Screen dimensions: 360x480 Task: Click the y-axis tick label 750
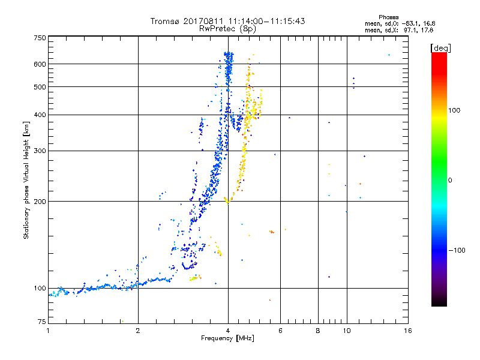40,38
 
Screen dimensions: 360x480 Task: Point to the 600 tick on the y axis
40,64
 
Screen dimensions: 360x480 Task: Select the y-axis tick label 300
40,151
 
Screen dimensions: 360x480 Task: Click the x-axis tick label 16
408,331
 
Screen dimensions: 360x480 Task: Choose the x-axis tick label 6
280,331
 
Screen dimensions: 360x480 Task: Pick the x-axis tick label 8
318,331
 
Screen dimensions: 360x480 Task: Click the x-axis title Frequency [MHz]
228,339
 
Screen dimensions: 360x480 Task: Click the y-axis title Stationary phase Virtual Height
26,180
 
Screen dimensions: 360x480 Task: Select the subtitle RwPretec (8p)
228,28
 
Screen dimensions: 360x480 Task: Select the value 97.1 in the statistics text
409,29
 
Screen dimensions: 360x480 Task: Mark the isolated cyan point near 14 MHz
389,55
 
